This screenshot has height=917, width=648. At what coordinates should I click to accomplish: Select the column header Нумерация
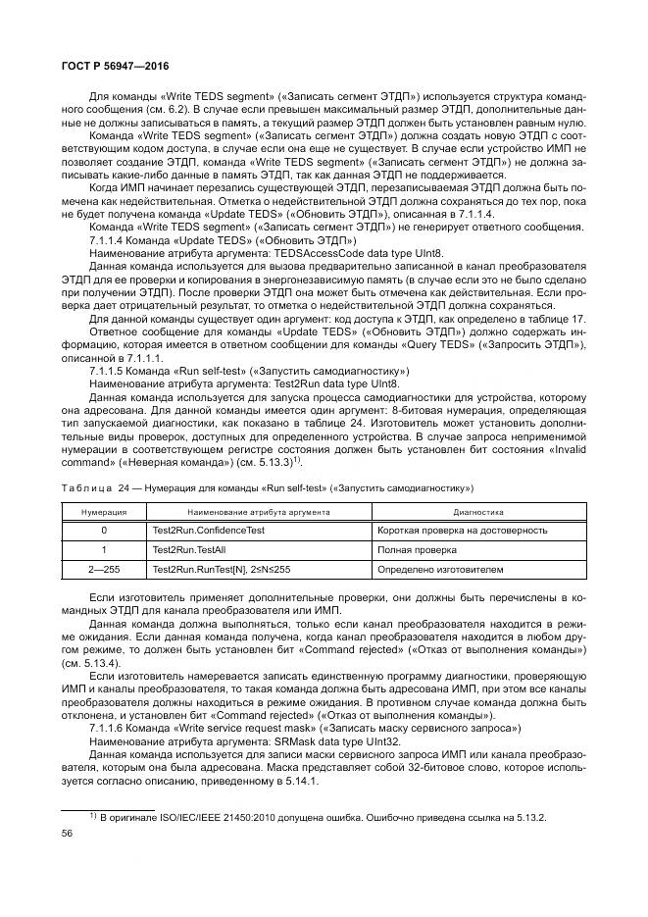[102, 511]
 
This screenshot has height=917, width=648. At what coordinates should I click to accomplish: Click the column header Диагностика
[478, 511]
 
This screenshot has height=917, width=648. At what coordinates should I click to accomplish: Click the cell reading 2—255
[103, 569]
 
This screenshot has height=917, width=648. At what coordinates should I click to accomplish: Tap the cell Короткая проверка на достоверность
[462, 530]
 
